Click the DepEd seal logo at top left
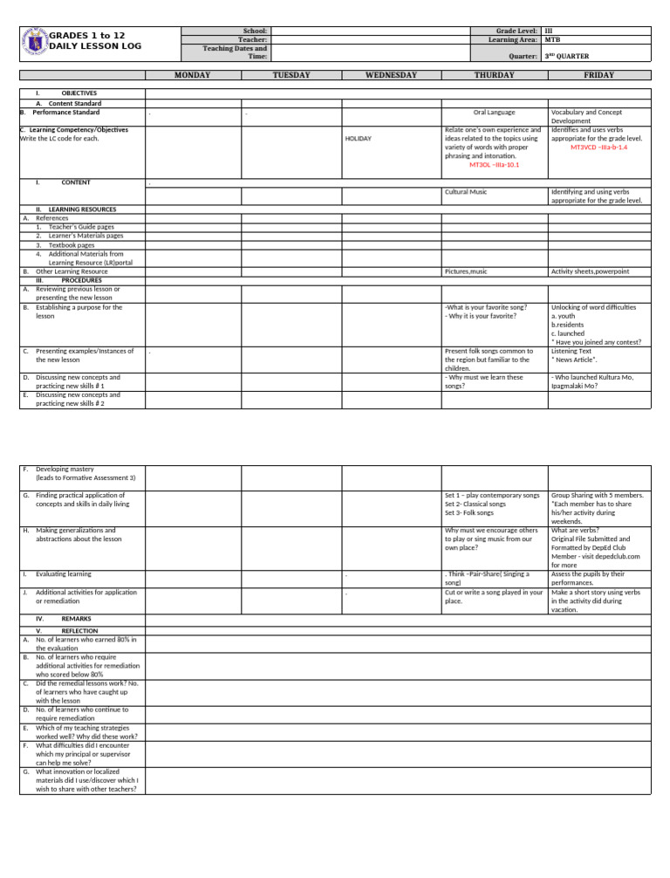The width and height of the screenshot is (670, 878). (36, 41)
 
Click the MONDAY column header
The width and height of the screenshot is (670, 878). (192, 76)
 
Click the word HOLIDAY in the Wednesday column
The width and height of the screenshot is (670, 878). (359, 139)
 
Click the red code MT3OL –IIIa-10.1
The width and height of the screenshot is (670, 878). (494, 164)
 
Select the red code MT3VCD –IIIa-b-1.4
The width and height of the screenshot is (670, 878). (598, 147)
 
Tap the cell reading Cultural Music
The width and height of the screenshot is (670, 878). (466, 191)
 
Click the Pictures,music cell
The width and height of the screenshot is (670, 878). (466, 271)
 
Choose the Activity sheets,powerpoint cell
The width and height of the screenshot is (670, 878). (590, 271)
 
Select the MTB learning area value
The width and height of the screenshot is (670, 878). (552, 39)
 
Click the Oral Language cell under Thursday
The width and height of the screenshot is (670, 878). (494, 113)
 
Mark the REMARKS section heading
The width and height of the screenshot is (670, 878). (76, 618)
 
